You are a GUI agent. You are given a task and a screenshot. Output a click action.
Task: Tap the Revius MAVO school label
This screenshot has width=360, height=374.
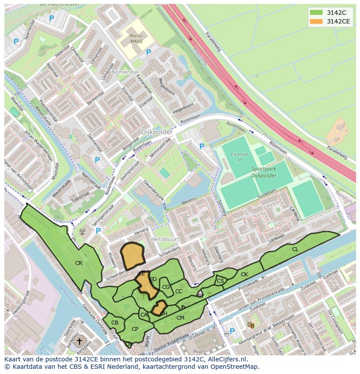[x=138, y=39]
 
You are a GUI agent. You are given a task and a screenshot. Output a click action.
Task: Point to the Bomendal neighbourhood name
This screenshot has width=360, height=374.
[x=124, y=72]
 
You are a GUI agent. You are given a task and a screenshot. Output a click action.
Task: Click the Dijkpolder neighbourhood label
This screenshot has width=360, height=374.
[x=157, y=132]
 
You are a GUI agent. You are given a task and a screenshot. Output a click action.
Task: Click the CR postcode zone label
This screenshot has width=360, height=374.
[x=79, y=263]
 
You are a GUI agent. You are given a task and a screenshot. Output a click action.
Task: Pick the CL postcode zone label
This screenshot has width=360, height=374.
[x=295, y=249]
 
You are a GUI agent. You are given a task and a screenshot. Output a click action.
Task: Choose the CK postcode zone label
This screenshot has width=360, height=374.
[x=244, y=275]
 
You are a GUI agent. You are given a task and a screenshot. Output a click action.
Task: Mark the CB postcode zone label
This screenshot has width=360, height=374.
[x=115, y=323]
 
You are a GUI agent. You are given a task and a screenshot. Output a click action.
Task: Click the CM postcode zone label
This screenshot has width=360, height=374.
[x=180, y=318]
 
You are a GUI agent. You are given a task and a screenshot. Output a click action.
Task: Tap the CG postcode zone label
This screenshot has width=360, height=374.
[x=166, y=287]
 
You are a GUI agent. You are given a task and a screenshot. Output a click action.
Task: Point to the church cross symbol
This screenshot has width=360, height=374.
[x=79, y=342]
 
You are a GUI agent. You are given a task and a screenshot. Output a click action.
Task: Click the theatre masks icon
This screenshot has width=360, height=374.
[x=251, y=325]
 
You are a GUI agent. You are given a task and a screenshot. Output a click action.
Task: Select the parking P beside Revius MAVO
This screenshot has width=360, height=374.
[x=148, y=53]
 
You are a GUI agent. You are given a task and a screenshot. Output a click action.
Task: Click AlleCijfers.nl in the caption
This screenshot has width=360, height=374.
[x=227, y=360]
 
